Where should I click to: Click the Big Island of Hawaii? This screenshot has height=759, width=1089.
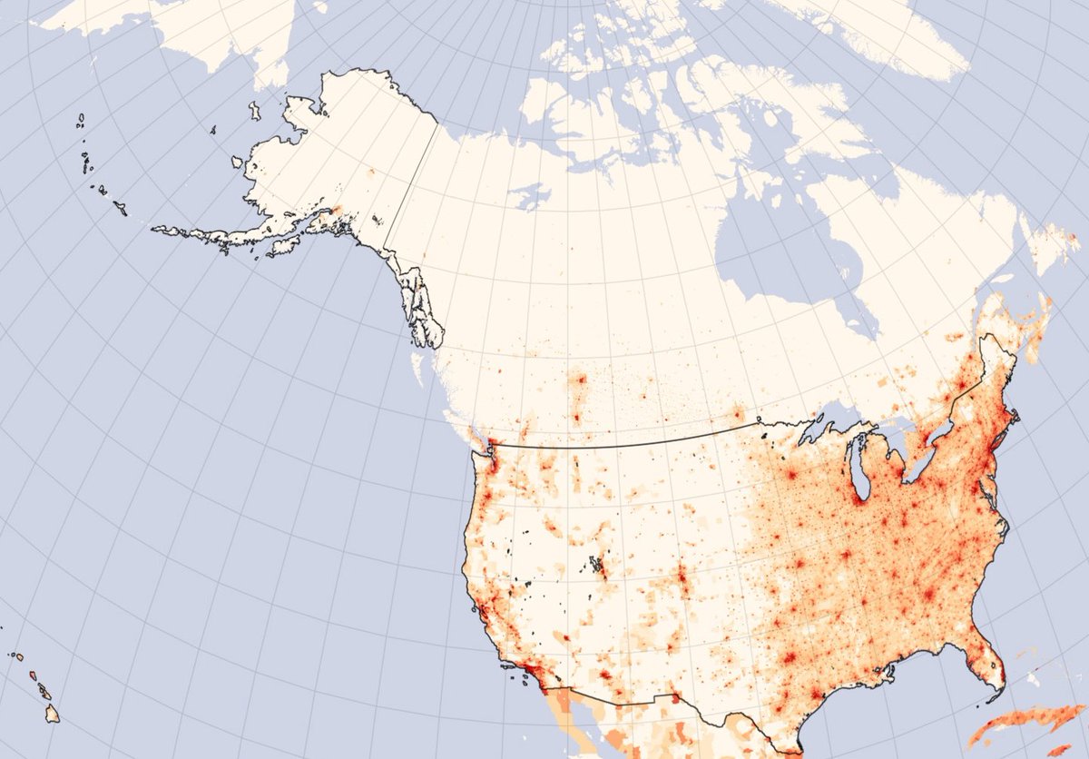pyautogui.click(x=53, y=715)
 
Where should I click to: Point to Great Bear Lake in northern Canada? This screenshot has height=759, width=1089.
pyautogui.click(x=529, y=195)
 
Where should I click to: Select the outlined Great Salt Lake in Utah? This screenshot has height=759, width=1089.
pyautogui.click(x=597, y=566)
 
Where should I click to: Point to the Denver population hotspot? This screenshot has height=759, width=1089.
pyautogui.click(x=682, y=577)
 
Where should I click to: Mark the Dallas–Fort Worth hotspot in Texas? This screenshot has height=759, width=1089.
pyautogui.click(x=788, y=655)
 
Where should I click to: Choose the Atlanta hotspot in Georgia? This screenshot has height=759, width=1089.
pyautogui.click(x=927, y=595)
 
